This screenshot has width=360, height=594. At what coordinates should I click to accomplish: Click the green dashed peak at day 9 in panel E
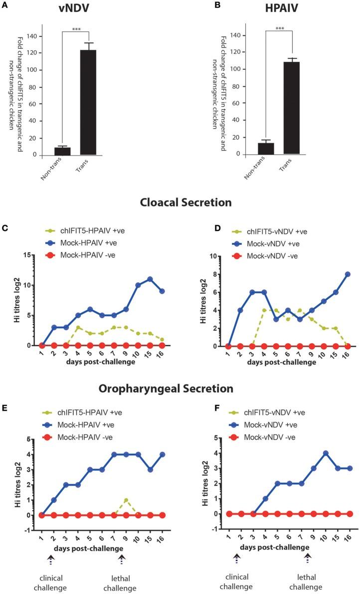pos(126,500)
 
